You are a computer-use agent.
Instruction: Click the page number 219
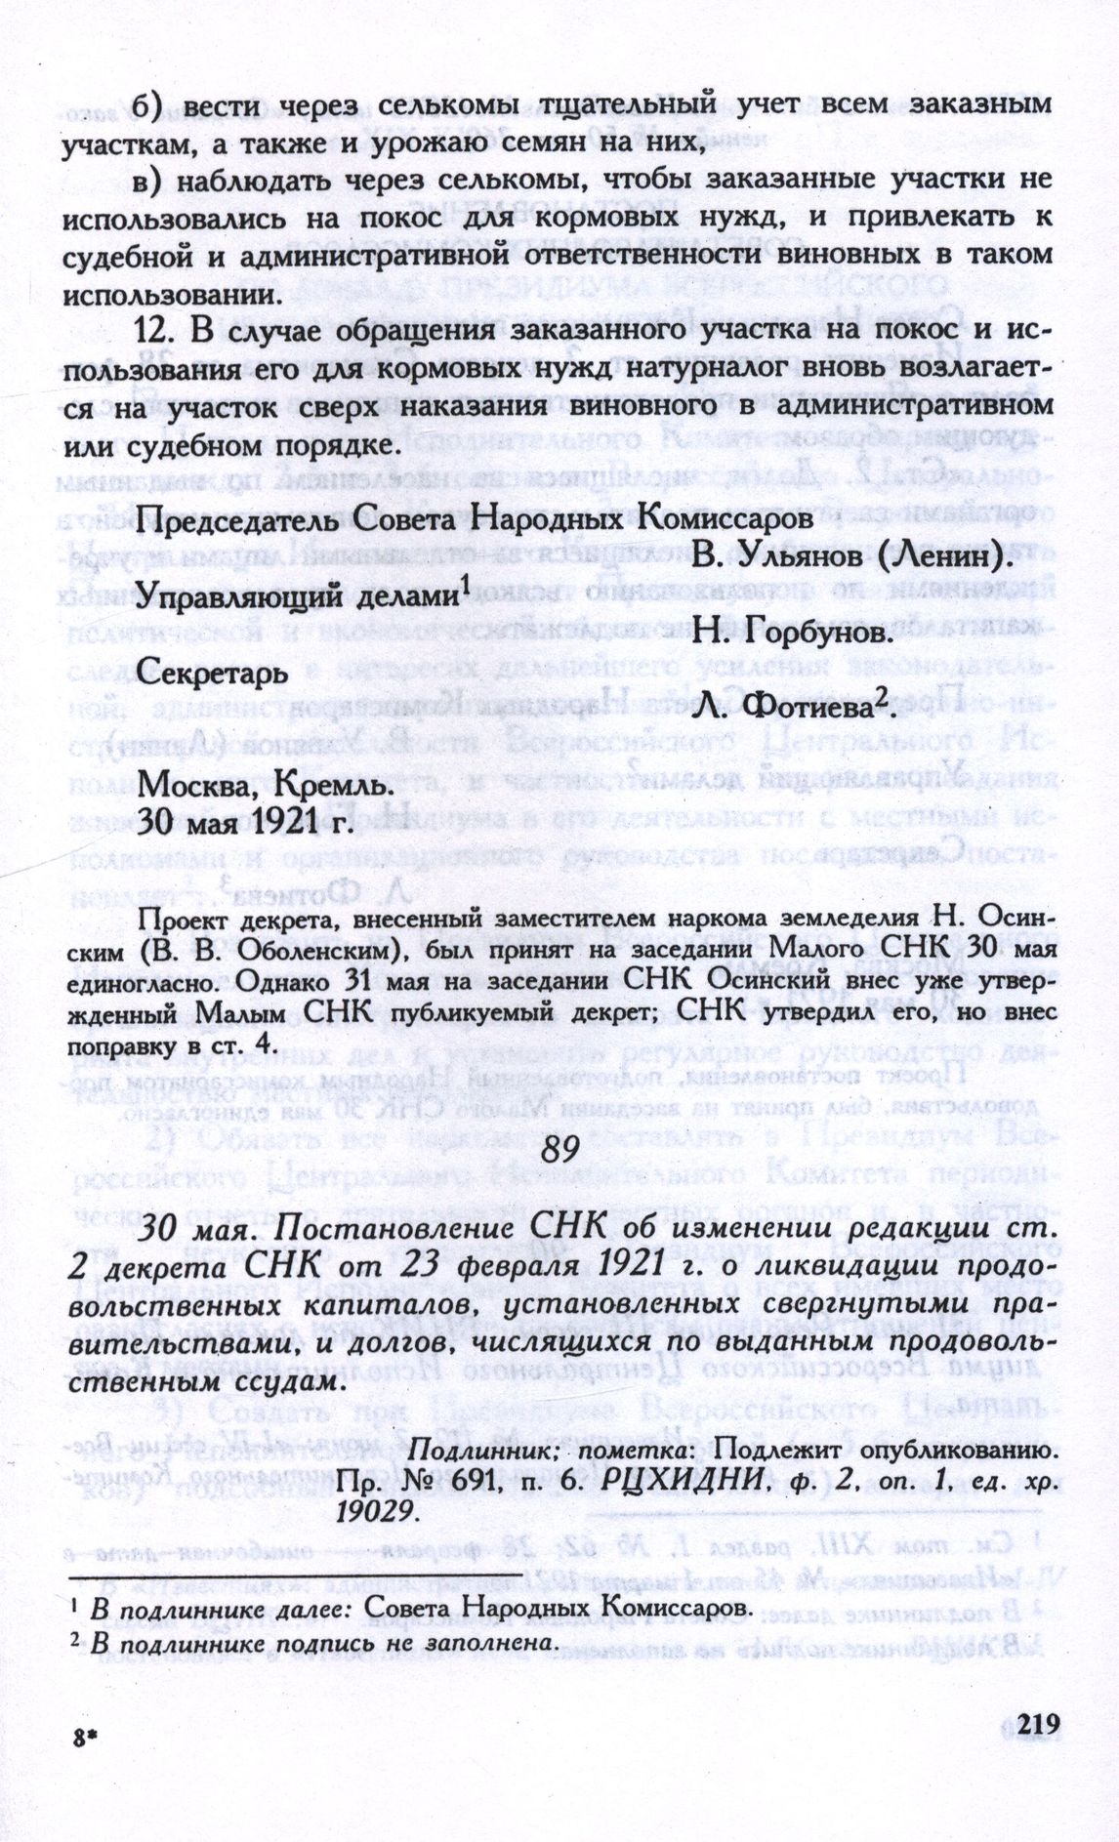(1037, 1725)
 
